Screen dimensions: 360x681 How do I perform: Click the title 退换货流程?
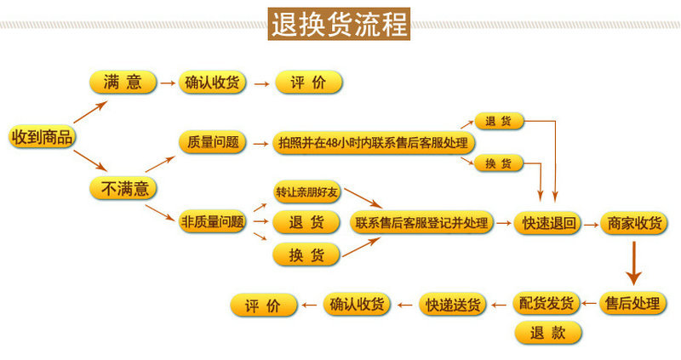[x=340, y=23]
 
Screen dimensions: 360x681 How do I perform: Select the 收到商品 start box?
[x=41, y=137]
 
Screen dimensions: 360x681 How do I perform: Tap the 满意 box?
[x=123, y=83]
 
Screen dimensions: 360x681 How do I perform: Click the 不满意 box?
[x=123, y=188]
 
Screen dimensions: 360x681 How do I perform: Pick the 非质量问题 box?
[x=213, y=223]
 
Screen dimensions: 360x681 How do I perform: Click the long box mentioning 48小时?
[x=374, y=142]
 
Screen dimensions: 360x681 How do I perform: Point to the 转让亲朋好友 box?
[x=306, y=192]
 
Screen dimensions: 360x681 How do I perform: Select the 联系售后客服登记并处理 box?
[x=422, y=223]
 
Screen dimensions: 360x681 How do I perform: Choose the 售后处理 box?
[x=632, y=303]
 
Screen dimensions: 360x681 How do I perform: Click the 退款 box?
[x=547, y=332]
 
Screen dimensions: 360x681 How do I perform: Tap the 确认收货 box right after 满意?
[x=213, y=83]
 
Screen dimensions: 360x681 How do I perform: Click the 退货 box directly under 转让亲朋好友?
[x=306, y=224]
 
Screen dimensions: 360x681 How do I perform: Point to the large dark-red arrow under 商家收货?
[x=632, y=264]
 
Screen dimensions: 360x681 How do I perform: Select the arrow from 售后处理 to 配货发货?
[x=589, y=303]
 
